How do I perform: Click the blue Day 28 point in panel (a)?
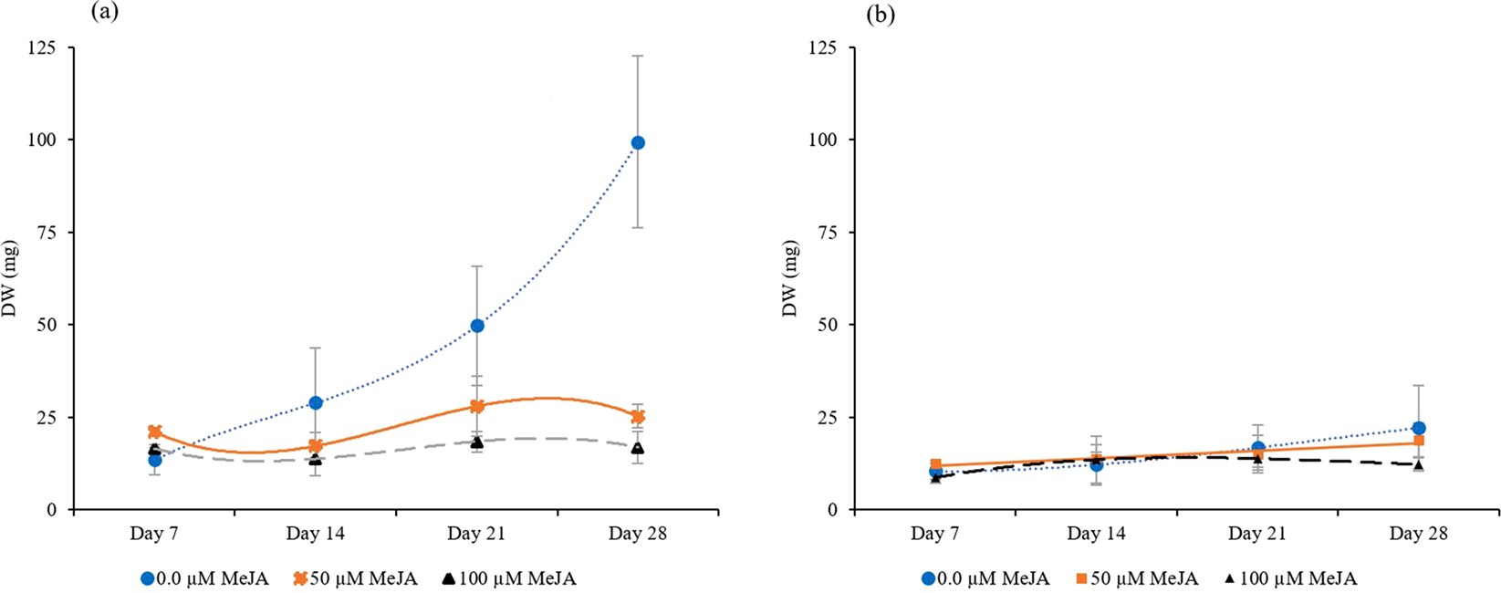(x=638, y=142)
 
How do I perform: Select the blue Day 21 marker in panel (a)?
(x=477, y=326)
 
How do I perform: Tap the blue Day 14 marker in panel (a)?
(x=316, y=402)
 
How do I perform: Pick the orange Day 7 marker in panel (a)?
(x=155, y=432)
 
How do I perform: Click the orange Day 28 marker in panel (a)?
(x=638, y=417)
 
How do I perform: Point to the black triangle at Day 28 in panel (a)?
(x=638, y=448)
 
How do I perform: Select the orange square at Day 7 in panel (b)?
(x=935, y=464)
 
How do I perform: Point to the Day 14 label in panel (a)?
(x=316, y=534)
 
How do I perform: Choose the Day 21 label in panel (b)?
(x=1257, y=534)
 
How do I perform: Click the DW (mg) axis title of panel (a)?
(x=10, y=278)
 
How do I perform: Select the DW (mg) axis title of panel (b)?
(x=791, y=278)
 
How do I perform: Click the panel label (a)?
(x=102, y=14)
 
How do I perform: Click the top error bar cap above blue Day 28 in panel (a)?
(x=638, y=56)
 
